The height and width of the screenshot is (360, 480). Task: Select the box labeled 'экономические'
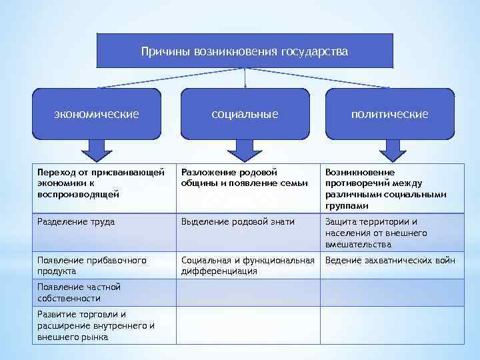click(97, 114)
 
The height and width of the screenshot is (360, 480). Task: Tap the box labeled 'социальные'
click(245, 114)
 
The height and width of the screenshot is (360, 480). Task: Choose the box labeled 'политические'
click(390, 114)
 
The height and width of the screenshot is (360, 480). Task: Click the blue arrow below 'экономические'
click(96, 151)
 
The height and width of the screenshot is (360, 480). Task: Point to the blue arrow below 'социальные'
click(245, 151)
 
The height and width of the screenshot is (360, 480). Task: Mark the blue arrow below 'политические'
click(389, 151)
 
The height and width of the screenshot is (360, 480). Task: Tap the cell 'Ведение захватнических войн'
click(390, 261)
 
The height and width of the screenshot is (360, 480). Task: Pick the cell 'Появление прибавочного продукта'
click(104, 265)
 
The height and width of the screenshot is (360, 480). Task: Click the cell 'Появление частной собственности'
click(104, 292)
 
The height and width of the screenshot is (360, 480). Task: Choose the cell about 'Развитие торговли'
click(104, 325)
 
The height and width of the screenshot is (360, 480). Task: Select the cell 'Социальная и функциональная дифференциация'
click(247, 265)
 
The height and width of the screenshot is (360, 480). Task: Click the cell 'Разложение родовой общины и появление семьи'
click(247, 178)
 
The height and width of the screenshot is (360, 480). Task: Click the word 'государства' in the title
click(315, 51)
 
